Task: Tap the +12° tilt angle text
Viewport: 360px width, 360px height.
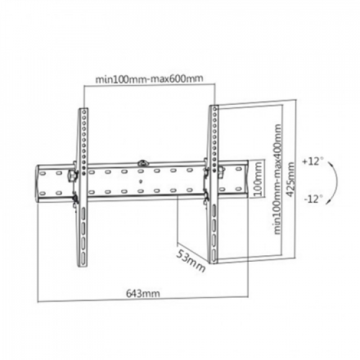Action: pos(314,160)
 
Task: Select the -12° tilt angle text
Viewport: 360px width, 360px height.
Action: pos(314,199)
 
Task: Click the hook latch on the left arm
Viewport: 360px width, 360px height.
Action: pos(73,175)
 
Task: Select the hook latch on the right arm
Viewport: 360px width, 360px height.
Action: pos(221,171)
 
